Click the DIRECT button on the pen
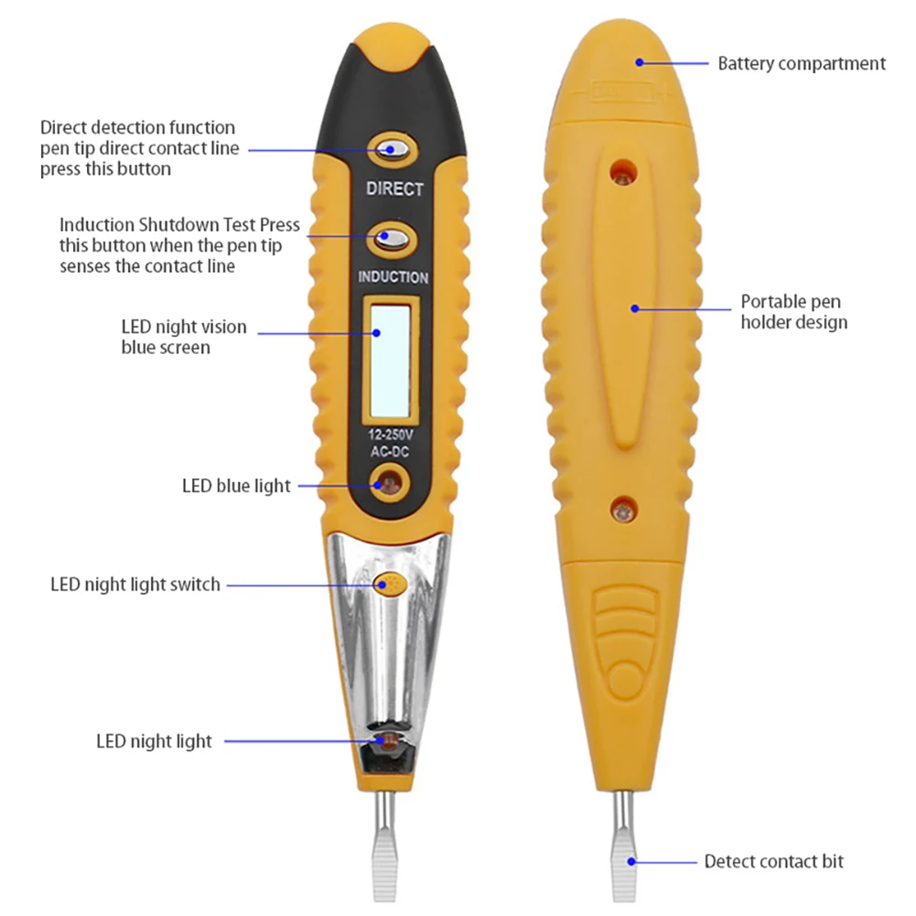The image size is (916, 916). click(394, 149)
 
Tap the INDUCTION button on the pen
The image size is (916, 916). click(394, 238)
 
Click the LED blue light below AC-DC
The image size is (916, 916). click(390, 480)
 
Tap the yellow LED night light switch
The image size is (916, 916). click(387, 582)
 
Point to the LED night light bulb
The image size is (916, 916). click(385, 738)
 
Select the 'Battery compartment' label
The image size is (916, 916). click(801, 64)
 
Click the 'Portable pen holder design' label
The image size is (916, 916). click(793, 311)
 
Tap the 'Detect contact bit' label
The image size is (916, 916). click(773, 861)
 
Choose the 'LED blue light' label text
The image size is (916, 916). click(236, 486)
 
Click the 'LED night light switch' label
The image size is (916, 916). click(135, 584)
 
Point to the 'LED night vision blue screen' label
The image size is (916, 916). click(183, 337)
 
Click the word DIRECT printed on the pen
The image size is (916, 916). click(394, 189)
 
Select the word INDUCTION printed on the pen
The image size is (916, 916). click(393, 277)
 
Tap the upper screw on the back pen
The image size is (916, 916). click(624, 169)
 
